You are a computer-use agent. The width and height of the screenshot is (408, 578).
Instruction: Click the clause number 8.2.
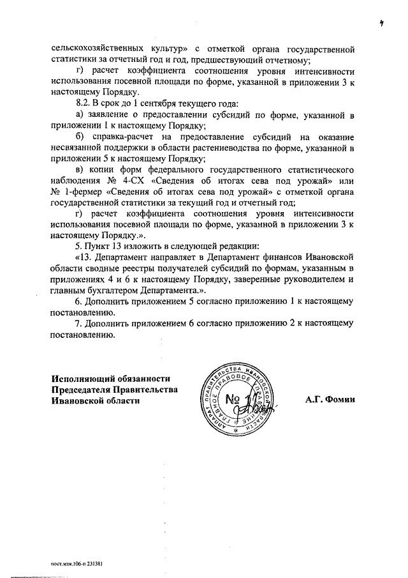[x=85, y=103]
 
